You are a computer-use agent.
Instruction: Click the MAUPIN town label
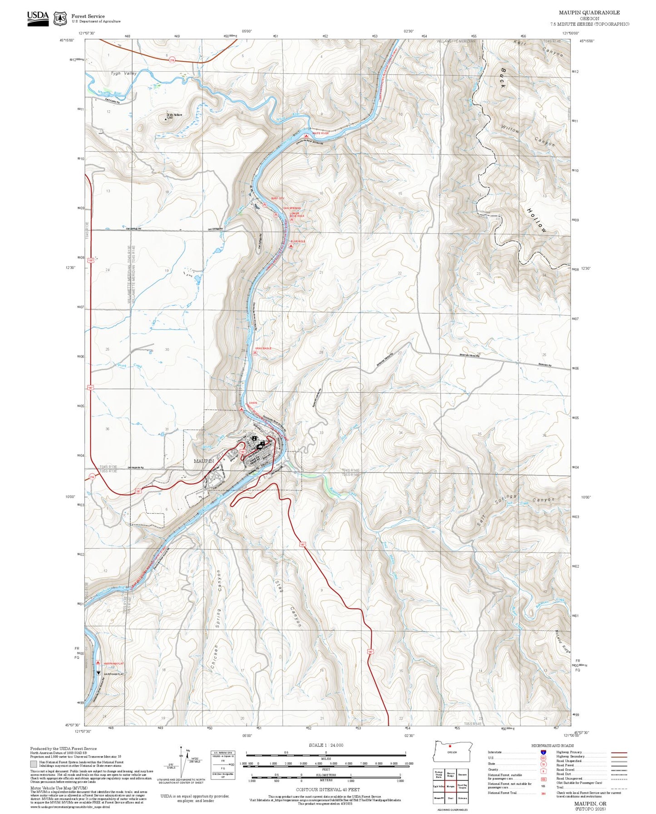pos(203,461)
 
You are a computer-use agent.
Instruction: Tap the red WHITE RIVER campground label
pos(321,133)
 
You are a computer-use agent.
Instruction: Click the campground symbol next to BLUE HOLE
pos(291,245)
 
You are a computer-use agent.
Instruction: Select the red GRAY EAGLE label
pos(263,348)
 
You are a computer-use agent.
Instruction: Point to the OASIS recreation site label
pos(253,403)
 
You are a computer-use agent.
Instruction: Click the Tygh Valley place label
pos(123,73)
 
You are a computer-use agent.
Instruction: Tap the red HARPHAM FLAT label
pos(113,663)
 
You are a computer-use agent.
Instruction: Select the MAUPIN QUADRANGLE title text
pos(589,13)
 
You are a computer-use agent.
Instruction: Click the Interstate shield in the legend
pos(543,752)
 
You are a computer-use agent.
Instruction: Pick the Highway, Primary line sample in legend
pos(619,752)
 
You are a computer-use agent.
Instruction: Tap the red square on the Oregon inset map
pos(450,745)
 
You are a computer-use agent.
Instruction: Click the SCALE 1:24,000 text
pos(326,745)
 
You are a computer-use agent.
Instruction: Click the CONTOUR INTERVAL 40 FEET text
pos(327,790)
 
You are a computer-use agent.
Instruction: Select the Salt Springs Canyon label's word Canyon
pos(543,500)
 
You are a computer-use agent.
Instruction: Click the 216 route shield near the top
pos(173,59)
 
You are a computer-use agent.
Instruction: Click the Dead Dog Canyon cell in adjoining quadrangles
pos(462,786)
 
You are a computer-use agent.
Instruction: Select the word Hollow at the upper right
pos(537,221)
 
